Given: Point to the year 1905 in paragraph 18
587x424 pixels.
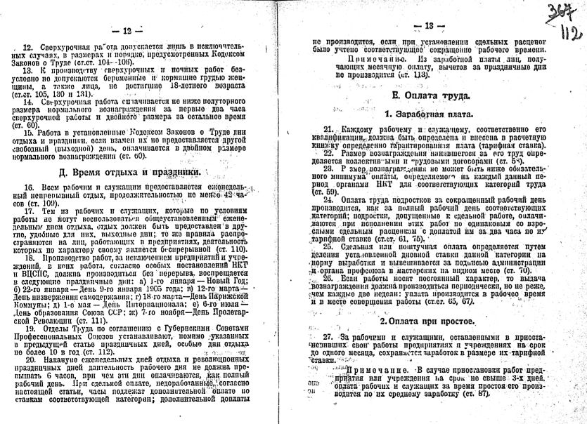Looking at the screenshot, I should [x=153, y=281].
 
